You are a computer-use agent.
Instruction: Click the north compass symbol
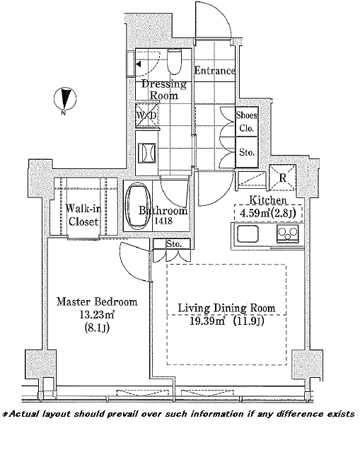pyautogui.click(x=65, y=99)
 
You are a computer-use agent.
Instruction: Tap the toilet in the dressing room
pyautogui.click(x=174, y=62)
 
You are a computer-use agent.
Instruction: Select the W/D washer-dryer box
pyautogui.click(x=146, y=115)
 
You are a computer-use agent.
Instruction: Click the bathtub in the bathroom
pyautogui.click(x=139, y=207)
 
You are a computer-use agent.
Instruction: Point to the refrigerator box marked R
pyautogui.click(x=282, y=178)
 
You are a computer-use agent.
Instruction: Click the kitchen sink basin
pyautogui.click(x=248, y=233)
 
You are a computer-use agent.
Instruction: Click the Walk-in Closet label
pyautogui.click(x=83, y=215)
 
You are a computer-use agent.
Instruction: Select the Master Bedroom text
pyautogui.click(x=97, y=301)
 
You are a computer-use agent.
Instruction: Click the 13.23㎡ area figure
pyautogui.click(x=97, y=315)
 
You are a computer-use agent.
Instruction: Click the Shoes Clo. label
pyautogui.click(x=247, y=122)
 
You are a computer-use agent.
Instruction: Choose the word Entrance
pyautogui.click(x=214, y=71)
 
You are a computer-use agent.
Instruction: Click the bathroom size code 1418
pyautogui.click(x=163, y=221)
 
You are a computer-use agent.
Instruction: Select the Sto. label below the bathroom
pyautogui.click(x=174, y=244)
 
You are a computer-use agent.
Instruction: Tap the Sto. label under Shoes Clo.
pyautogui.click(x=247, y=152)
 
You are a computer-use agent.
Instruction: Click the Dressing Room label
pyautogui.click(x=164, y=90)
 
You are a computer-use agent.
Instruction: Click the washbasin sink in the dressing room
pyautogui.click(x=147, y=153)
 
